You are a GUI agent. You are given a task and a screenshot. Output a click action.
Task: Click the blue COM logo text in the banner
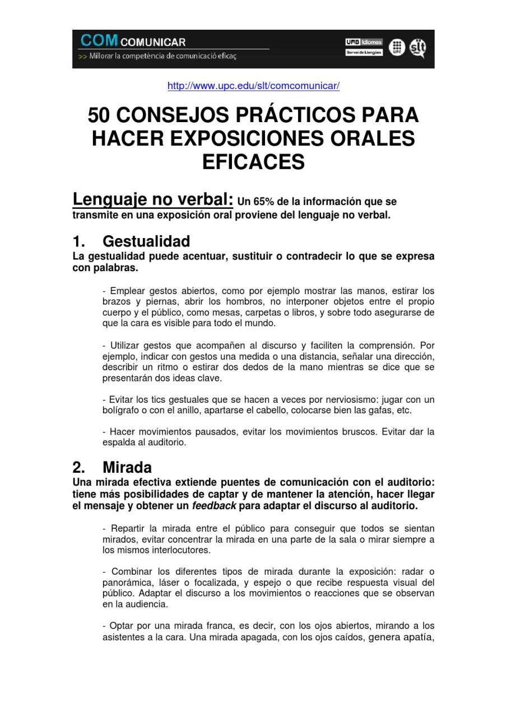pyautogui.click(x=99, y=41)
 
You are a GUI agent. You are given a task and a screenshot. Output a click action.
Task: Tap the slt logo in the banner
pyautogui.click(x=418, y=48)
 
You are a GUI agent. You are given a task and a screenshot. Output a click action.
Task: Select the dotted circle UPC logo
pyautogui.click(x=397, y=48)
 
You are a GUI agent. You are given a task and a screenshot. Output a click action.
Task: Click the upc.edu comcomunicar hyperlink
pyautogui.click(x=253, y=86)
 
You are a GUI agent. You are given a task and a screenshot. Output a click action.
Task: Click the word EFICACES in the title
pyautogui.click(x=253, y=162)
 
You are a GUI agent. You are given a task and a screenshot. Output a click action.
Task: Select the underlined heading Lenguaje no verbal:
pyautogui.click(x=152, y=199)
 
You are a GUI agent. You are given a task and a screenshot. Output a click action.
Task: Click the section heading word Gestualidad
pyautogui.click(x=146, y=241)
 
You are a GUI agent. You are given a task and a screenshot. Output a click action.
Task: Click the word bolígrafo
pyautogui.click(x=122, y=411)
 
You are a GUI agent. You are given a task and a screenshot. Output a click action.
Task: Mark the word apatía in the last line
pyautogui.click(x=417, y=637)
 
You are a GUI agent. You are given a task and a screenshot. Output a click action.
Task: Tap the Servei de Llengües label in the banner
pyautogui.click(x=364, y=53)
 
